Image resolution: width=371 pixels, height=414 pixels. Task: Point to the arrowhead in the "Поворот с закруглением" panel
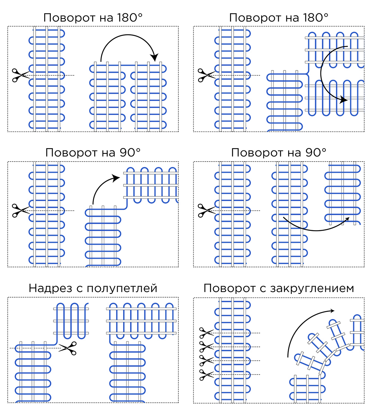[x=331, y=311]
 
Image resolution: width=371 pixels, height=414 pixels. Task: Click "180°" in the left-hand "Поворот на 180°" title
[x=129, y=18]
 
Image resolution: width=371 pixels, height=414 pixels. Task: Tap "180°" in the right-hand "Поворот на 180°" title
[x=315, y=18]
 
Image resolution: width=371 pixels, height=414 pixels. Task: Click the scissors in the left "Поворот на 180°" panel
[x=19, y=75]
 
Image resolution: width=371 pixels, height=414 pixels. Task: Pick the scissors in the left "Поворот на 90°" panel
[x=19, y=210]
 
